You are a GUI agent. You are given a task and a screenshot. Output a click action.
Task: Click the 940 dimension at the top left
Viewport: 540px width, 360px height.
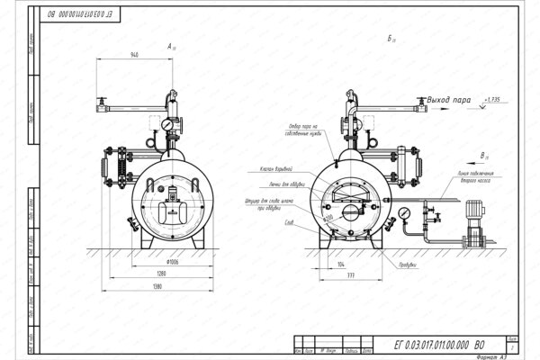[x=135, y=55]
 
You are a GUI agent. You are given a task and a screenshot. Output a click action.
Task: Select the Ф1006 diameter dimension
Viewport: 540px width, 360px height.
[x=148, y=263]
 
